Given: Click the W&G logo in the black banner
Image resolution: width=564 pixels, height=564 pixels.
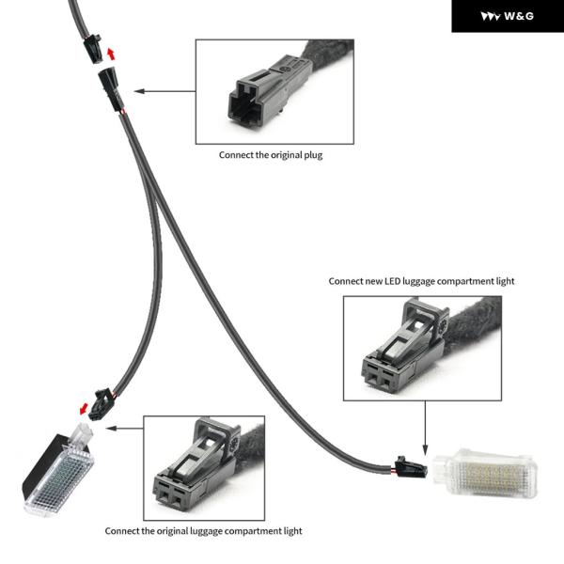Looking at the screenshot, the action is point(508,16).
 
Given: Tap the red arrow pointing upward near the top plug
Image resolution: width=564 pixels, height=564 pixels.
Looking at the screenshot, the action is point(111,54).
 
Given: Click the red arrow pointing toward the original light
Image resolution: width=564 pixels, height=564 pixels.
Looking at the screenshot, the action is point(84,408).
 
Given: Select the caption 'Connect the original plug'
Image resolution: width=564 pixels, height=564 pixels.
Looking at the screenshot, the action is point(271,155).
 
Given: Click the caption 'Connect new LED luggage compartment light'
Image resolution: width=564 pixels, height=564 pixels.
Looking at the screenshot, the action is point(421,281).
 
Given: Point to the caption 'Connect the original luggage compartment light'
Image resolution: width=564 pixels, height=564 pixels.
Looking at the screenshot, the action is point(203,531).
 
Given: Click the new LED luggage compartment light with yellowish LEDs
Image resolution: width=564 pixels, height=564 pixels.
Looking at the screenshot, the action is point(485,473).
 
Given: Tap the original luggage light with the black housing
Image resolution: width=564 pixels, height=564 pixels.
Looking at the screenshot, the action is point(58,470).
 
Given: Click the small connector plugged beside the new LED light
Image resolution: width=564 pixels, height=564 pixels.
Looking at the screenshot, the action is point(411,467).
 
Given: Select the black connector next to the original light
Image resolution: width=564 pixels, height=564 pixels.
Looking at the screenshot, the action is point(102,404).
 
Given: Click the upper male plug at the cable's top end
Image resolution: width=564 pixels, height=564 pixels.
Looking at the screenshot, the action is point(93,49).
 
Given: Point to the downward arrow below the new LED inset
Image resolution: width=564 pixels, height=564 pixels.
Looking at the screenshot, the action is point(425,428).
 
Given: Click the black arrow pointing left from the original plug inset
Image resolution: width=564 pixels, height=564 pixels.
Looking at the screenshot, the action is point(164,91).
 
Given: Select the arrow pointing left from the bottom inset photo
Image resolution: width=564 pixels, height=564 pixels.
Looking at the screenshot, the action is point(124,428).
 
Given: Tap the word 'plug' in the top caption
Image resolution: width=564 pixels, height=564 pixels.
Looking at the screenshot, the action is point(313,156).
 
